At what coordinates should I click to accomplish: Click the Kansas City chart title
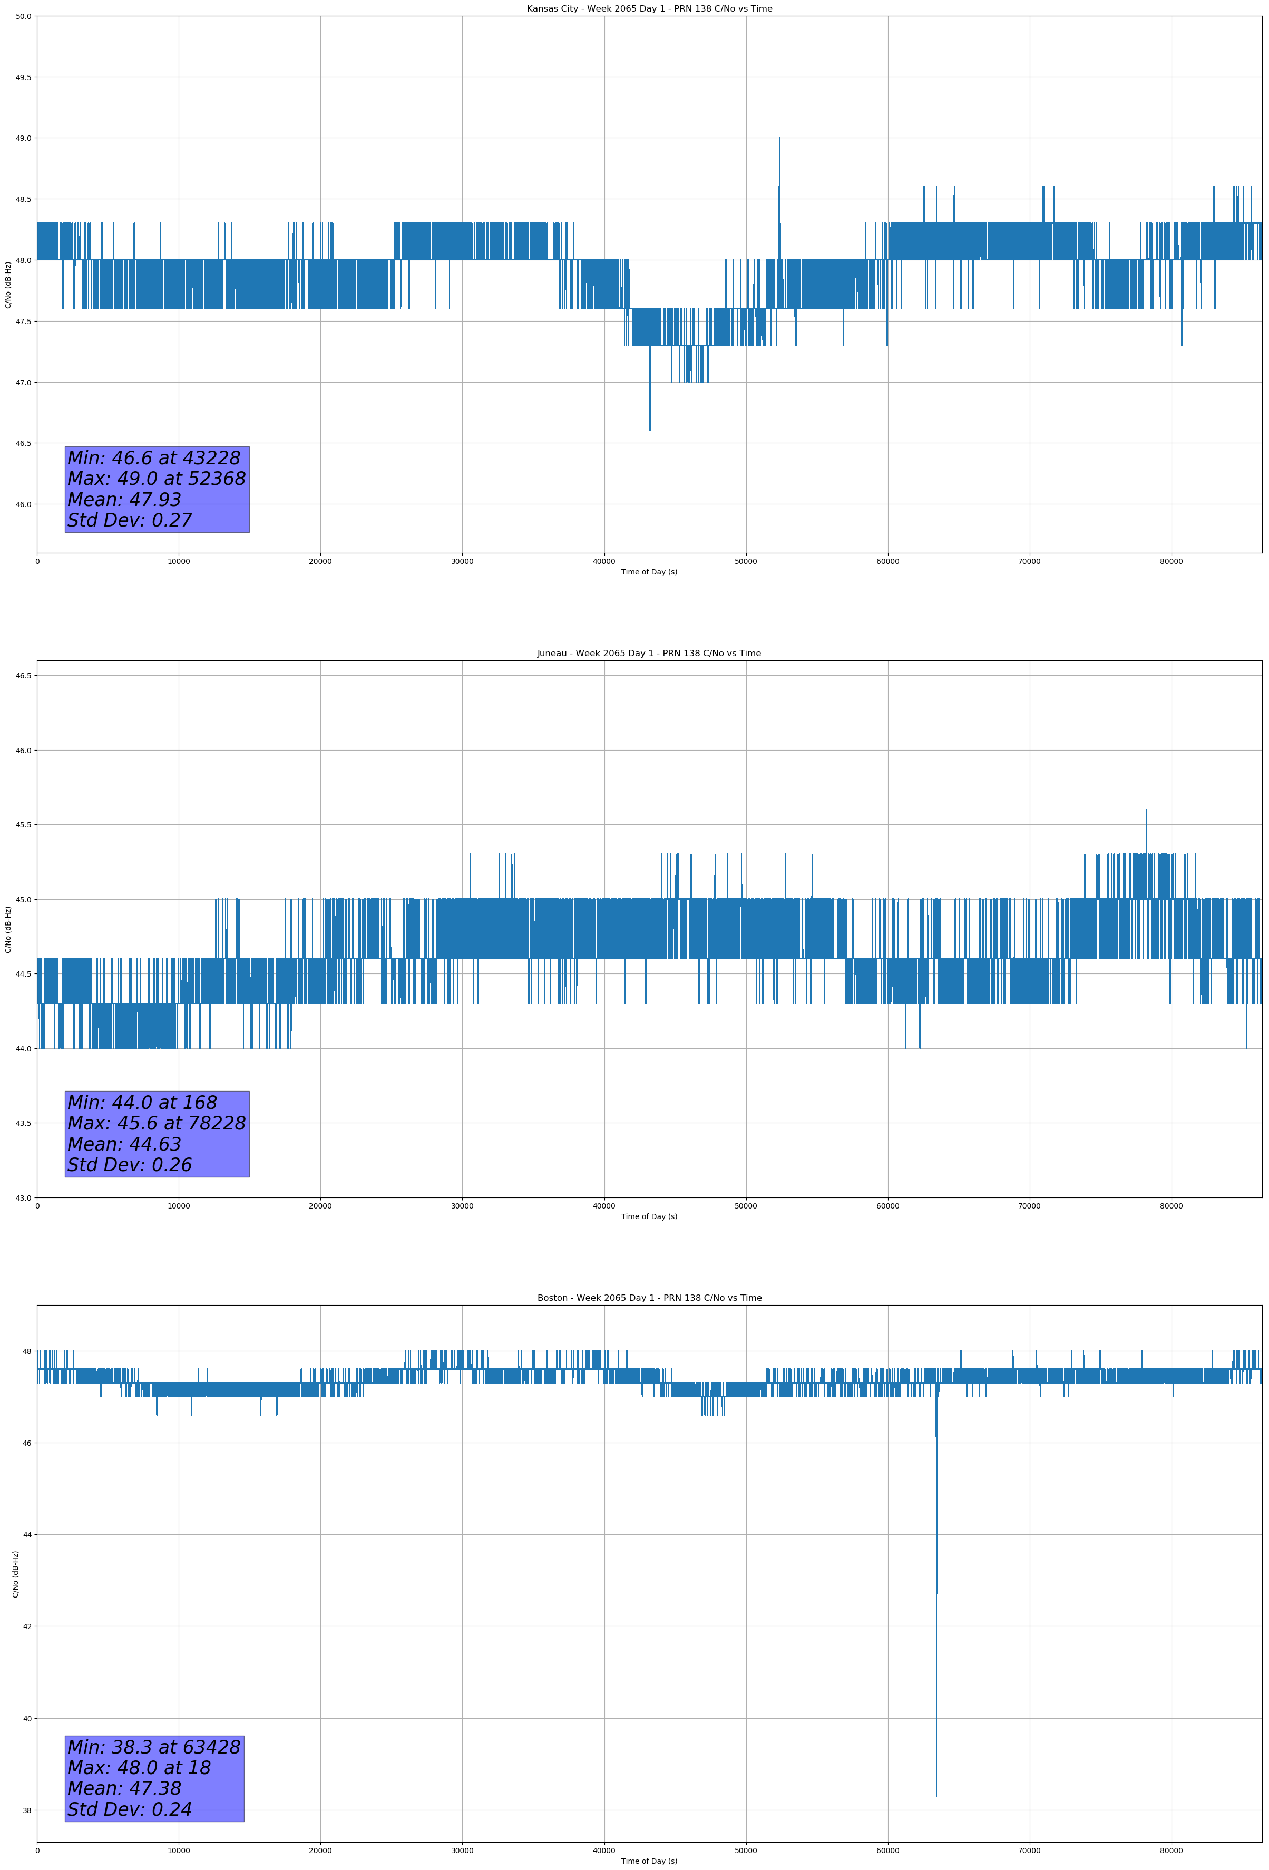coord(649,9)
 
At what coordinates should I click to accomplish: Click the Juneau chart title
coord(649,654)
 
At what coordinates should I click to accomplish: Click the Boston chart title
coord(649,1298)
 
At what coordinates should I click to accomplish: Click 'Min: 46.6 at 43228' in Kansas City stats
coord(154,458)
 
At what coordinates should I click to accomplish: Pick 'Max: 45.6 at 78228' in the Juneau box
coord(156,1123)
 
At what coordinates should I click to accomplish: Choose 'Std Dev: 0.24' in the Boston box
coord(130,1809)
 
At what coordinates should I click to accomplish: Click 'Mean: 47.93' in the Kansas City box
coord(124,499)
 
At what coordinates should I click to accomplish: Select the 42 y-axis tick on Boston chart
coord(26,1626)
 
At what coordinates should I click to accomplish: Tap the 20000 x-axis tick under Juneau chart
coord(320,1205)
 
